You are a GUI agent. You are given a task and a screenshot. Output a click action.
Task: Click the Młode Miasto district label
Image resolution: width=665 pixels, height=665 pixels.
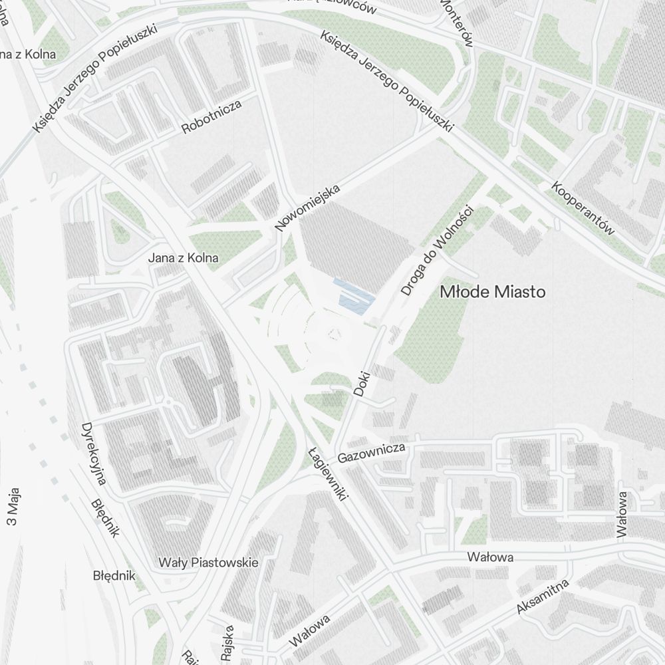(x=492, y=292)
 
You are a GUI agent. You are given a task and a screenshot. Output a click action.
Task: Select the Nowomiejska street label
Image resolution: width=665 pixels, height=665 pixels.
(x=307, y=207)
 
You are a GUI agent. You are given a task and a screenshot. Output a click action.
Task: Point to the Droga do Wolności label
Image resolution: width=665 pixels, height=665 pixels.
(x=436, y=251)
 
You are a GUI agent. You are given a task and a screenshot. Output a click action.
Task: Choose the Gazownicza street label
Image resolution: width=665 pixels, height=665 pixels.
(x=371, y=454)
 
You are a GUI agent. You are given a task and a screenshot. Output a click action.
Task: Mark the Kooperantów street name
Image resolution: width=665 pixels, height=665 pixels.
(x=583, y=207)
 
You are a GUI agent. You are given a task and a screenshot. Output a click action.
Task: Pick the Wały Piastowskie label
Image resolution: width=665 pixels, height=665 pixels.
(x=208, y=563)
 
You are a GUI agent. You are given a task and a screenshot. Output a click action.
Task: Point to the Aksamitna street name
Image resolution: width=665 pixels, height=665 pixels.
(x=543, y=597)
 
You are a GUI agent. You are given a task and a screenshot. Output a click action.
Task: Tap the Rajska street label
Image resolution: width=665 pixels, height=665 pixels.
(x=228, y=642)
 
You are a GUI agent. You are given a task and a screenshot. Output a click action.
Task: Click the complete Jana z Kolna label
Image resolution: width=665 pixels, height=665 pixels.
(x=183, y=258)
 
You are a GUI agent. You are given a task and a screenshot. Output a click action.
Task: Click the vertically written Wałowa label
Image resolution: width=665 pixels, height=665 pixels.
(x=622, y=513)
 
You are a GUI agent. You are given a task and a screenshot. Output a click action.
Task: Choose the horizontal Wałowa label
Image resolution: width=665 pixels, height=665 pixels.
(x=490, y=557)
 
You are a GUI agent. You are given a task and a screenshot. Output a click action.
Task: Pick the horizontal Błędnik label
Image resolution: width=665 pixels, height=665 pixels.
(x=114, y=575)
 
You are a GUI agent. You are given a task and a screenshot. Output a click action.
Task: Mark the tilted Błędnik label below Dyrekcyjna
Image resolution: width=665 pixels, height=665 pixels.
(x=104, y=518)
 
